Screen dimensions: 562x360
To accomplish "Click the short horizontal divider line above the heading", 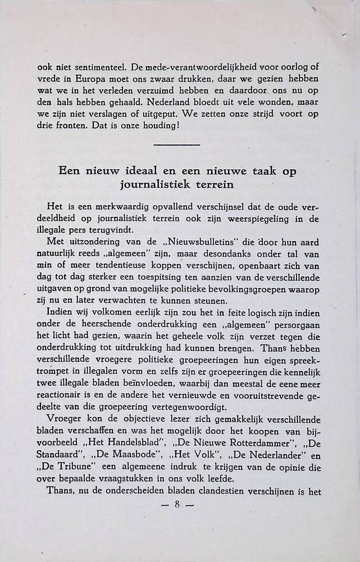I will click(x=176, y=146).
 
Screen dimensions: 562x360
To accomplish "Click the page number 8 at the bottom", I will click(x=176, y=505).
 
